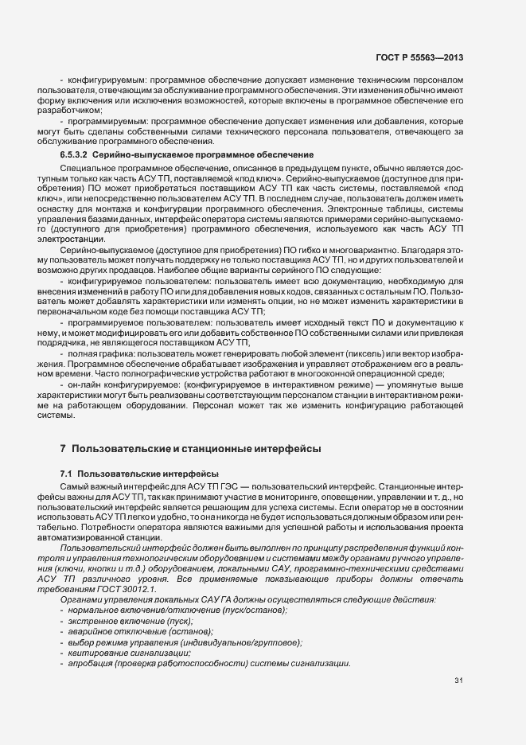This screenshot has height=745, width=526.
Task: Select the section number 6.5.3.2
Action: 78,154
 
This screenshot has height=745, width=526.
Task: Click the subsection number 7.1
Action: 67,474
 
